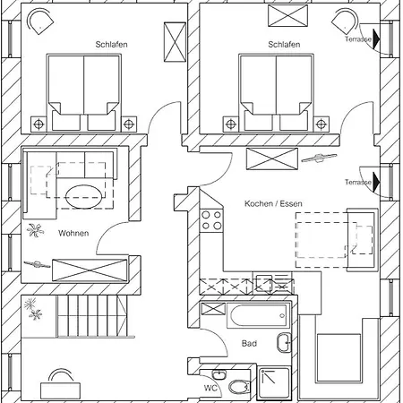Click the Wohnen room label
tap(73, 233)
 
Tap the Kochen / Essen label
tap(273, 203)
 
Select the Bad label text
tap(249, 343)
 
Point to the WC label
tap(210, 388)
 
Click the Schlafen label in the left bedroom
tap(111, 45)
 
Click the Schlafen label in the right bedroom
tap(284, 45)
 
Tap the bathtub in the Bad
tap(259, 315)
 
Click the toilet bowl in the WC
tap(239, 387)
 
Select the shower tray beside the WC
tap(273, 384)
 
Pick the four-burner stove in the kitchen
tap(211, 220)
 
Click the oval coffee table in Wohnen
tap(84, 196)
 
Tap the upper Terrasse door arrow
tap(376, 39)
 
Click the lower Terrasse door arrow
tap(376, 182)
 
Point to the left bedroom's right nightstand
tap(129, 124)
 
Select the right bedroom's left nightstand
tap(231, 124)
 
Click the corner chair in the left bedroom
tap(40, 21)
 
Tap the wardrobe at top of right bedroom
tap(287, 16)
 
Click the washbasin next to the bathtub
tap(284, 343)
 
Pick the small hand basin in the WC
tap(219, 374)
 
